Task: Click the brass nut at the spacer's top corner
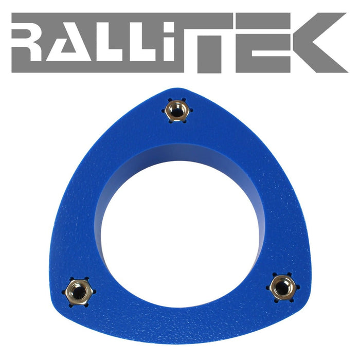coord(176,109)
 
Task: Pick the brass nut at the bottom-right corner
coord(282,287)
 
